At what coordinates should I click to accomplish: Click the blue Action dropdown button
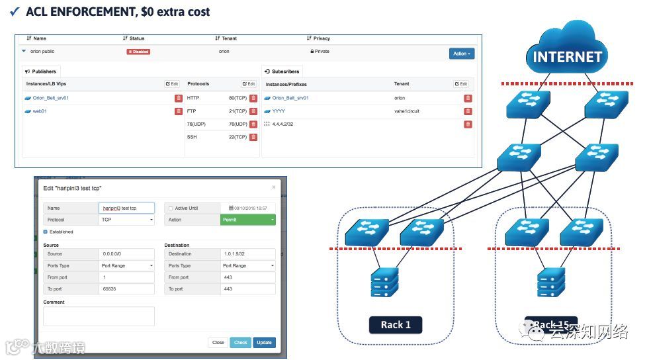pos(461,54)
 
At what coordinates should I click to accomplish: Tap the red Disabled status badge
pos(138,52)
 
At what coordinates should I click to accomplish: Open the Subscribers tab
pos(281,71)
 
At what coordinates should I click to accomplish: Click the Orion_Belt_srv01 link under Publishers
pos(50,98)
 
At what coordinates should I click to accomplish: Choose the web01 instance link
pos(39,111)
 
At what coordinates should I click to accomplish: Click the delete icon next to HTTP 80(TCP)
pos(253,98)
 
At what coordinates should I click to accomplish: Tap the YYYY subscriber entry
pos(279,111)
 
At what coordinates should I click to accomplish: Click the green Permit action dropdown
pos(247,220)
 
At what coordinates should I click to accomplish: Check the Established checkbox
pos(45,232)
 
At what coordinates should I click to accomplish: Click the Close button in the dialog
pos(218,343)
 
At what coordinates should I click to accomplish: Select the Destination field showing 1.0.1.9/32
pos(247,254)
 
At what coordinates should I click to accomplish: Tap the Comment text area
pos(99,316)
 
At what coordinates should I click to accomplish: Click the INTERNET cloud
pos(567,53)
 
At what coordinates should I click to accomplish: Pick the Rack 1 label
pos(396,325)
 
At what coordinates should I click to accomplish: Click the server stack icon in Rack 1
pos(384,281)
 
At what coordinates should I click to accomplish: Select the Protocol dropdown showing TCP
pos(126,220)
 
